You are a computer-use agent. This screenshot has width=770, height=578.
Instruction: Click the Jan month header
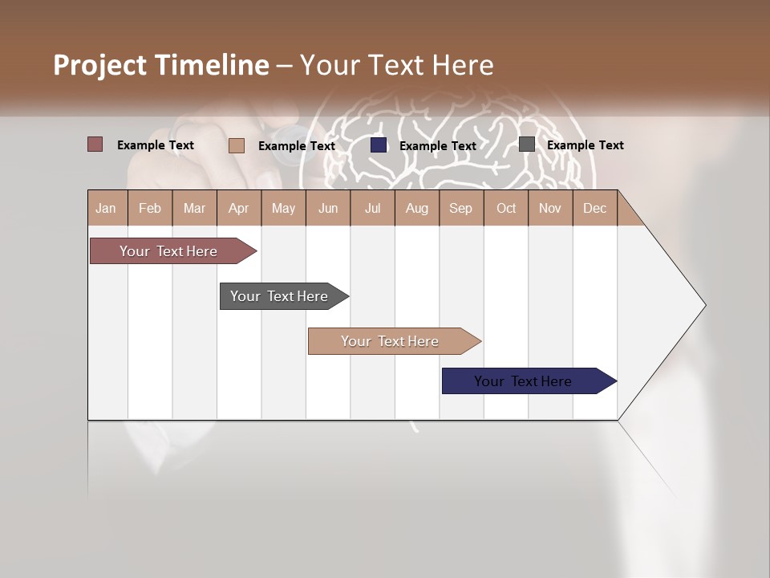click(x=107, y=208)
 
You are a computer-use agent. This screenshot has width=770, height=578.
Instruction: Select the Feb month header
click(x=150, y=208)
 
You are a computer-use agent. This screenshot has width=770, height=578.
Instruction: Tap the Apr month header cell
click(x=239, y=208)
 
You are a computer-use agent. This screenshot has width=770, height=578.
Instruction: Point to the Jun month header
click(x=328, y=208)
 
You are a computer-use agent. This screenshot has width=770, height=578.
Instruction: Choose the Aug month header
click(x=417, y=208)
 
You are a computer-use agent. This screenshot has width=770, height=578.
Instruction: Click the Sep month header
click(x=461, y=208)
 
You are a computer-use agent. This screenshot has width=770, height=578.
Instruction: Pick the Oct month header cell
click(x=506, y=208)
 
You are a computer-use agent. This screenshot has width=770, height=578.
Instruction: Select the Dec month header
click(x=595, y=208)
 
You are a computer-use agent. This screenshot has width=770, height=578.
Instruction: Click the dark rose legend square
click(x=95, y=144)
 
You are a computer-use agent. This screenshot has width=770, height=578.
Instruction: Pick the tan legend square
click(x=237, y=145)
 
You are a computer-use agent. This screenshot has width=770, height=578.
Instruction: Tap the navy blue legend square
click(x=379, y=145)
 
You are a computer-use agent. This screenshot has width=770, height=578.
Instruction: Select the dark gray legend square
click(x=527, y=144)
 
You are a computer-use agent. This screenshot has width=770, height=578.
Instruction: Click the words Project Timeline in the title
click(x=161, y=65)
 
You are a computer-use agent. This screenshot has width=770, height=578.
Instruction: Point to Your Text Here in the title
click(x=396, y=65)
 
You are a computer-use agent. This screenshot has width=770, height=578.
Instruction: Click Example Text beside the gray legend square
click(x=586, y=145)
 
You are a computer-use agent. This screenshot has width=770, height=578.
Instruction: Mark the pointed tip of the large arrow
click(x=704, y=305)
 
